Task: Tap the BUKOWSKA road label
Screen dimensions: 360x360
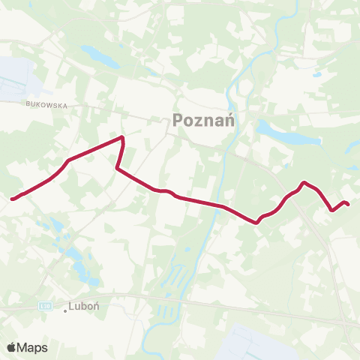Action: (x=46, y=106)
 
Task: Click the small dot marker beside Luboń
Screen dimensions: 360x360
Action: (x=65, y=310)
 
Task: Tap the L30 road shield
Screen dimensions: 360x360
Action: (x=44, y=306)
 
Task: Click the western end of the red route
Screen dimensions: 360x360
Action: (x=12, y=199)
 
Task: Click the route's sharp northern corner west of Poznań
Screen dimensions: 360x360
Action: (x=123, y=137)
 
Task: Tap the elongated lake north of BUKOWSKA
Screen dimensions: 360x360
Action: (x=98, y=56)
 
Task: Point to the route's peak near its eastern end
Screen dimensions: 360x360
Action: (x=304, y=182)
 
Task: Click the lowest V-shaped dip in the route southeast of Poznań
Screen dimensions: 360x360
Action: (x=257, y=222)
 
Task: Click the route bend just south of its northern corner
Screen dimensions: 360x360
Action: (x=116, y=169)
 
